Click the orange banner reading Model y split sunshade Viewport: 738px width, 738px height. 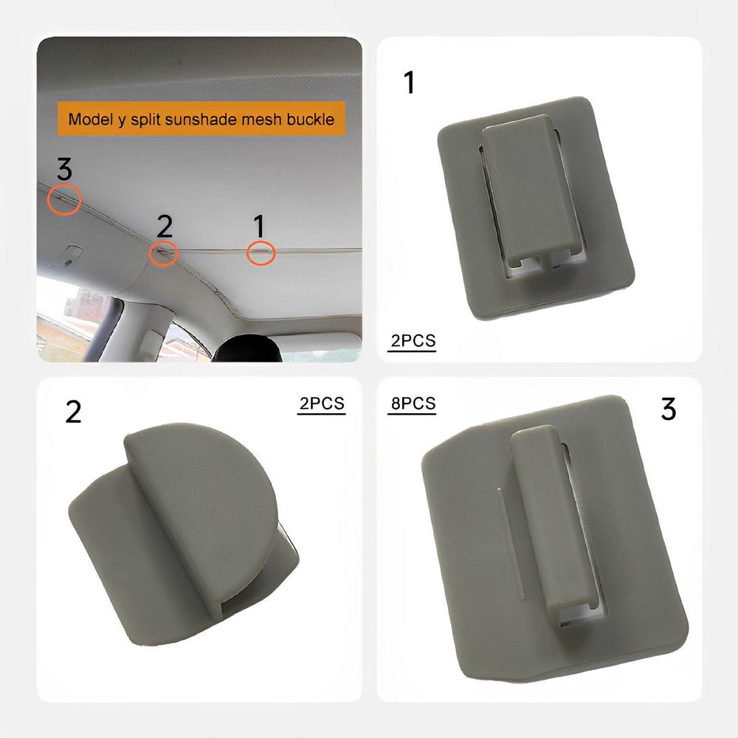201,118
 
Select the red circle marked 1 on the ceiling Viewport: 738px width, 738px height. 261,252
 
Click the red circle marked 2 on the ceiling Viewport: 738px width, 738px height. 164,253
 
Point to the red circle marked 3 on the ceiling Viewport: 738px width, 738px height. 64,199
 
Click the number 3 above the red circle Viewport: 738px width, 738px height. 64,170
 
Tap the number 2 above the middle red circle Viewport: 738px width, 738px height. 164,226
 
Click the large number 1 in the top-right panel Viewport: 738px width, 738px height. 409,83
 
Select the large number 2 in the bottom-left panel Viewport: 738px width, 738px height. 73,412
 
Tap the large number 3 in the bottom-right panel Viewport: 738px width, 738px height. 668,408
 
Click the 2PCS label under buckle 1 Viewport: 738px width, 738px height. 413,341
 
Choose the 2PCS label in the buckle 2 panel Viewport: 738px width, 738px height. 321,404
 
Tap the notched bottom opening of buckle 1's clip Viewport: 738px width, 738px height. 542,264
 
